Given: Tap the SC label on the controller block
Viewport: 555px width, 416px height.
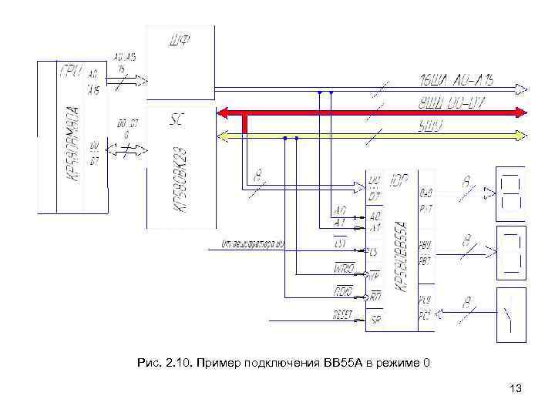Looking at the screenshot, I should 176,121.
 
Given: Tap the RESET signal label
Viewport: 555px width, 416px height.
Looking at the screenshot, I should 342,315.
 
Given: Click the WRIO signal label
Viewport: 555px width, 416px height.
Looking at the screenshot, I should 344,267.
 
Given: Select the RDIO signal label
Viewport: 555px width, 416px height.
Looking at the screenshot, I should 343,291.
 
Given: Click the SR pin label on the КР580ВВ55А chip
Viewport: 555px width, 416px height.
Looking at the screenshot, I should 375,320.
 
